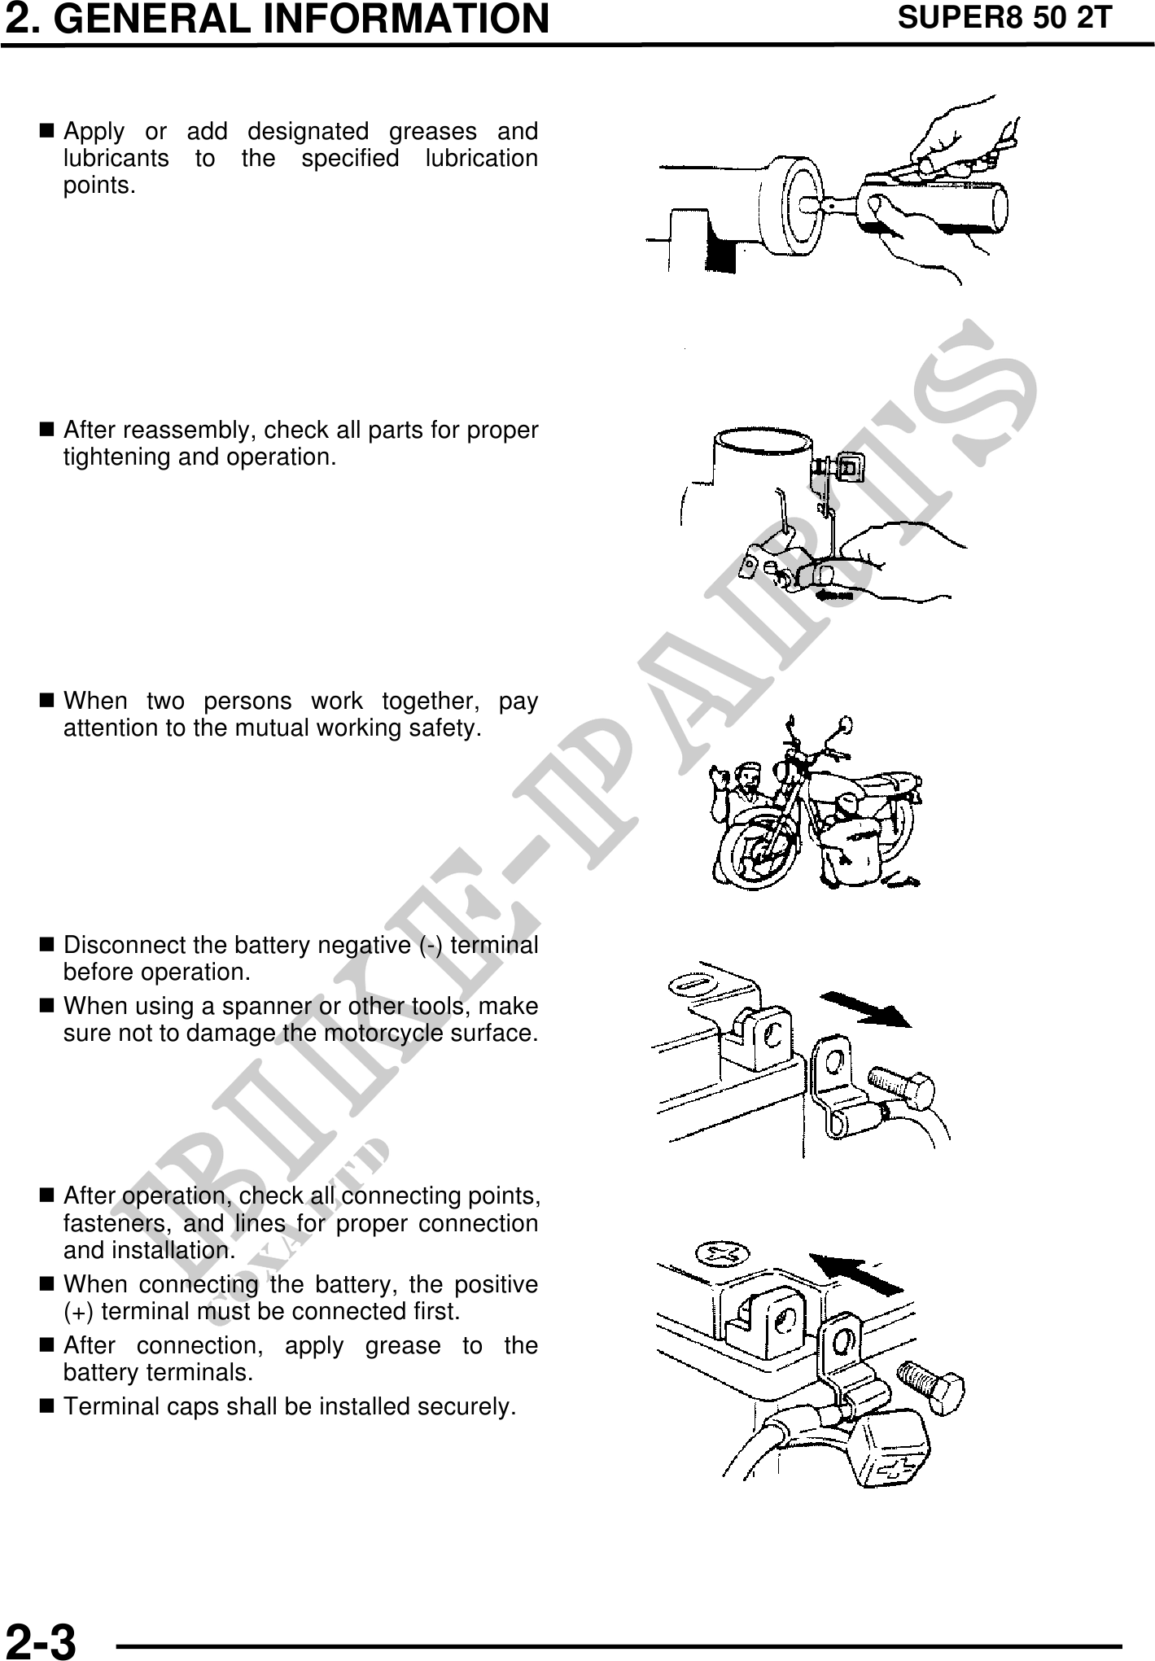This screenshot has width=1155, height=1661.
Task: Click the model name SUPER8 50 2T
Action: [x=1004, y=17]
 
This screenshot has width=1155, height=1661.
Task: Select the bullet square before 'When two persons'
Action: [x=46, y=700]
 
